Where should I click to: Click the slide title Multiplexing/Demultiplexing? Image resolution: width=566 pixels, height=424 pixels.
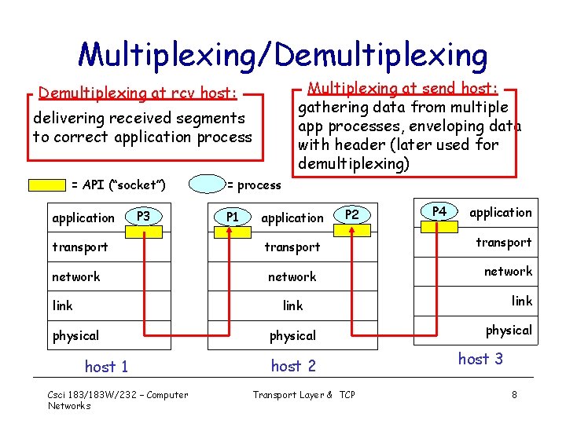tap(283, 54)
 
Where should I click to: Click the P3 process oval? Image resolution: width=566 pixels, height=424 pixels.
tap(143, 214)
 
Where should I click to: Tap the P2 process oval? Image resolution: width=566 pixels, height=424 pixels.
tap(352, 214)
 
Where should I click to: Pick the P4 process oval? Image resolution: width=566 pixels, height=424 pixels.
tap(439, 211)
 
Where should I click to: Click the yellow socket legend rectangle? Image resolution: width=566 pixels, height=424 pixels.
tap(47, 185)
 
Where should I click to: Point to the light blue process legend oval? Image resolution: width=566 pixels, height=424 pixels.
tap(208, 185)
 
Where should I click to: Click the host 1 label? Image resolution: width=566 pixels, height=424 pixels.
tap(106, 367)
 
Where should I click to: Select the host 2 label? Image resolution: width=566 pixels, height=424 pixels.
tap(292, 366)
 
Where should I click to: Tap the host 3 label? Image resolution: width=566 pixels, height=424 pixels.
tap(480, 359)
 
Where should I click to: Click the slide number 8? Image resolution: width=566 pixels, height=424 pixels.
tap(514, 395)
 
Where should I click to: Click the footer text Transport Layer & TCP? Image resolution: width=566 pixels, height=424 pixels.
tap(303, 395)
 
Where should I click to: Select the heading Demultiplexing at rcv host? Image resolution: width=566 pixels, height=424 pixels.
tap(138, 93)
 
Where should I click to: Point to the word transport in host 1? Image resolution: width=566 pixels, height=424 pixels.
tap(79, 247)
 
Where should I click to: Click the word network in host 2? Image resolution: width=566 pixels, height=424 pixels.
tap(292, 276)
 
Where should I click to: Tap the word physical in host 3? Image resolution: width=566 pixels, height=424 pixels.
tap(508, 330)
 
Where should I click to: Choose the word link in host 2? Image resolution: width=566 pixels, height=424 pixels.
tap(292, 305)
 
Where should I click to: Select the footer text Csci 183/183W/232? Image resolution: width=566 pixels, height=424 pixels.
tap(118, 395)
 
